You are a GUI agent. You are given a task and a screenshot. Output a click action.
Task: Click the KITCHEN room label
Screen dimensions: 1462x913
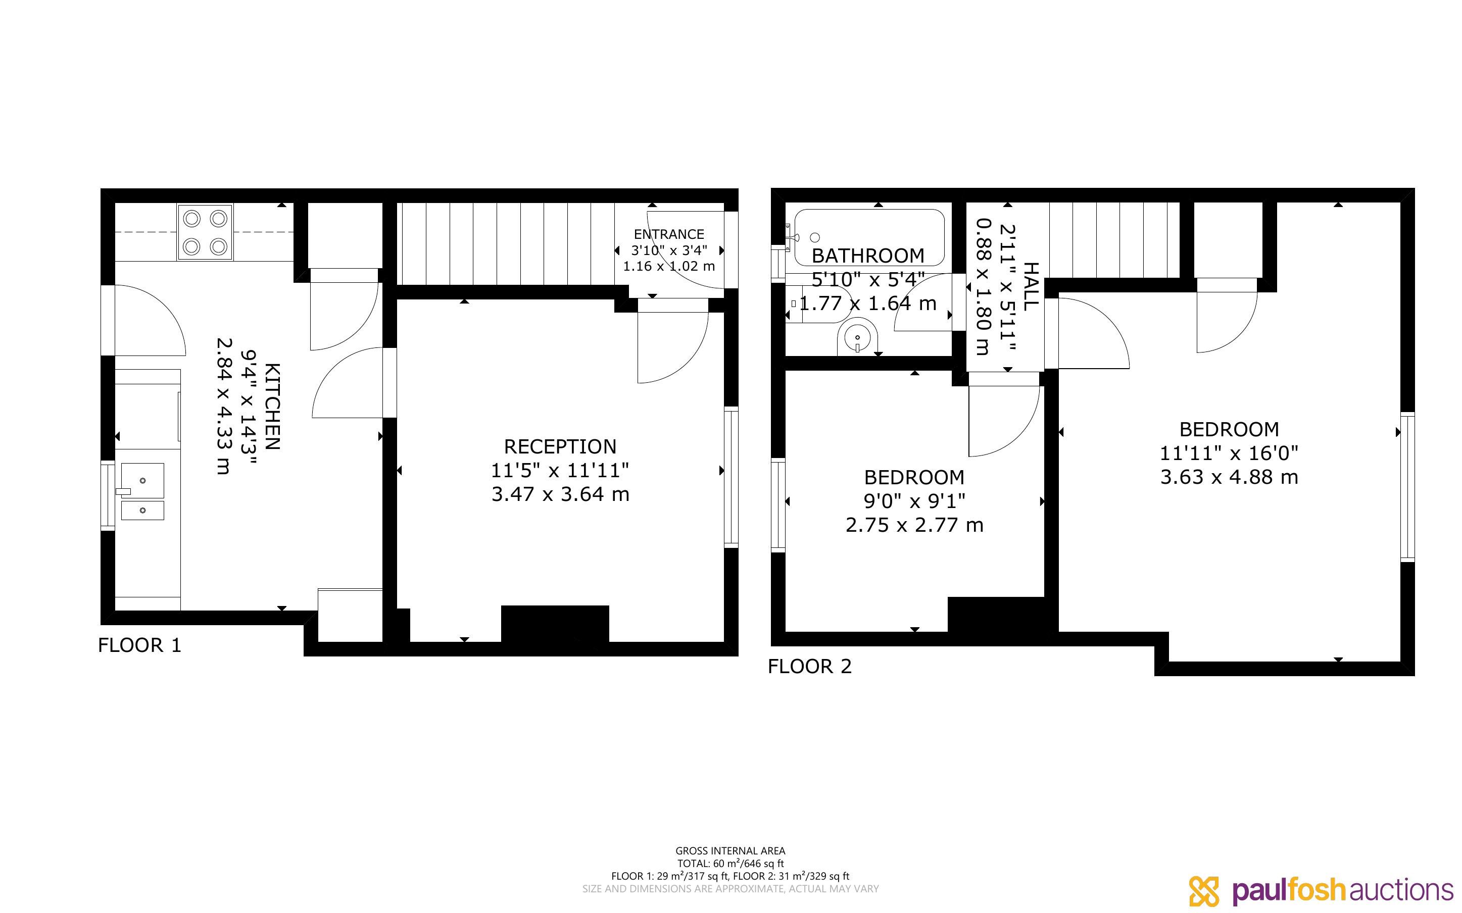(x=272, y=407)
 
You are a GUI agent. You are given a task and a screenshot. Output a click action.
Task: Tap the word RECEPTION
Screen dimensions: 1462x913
(x=560, y=446)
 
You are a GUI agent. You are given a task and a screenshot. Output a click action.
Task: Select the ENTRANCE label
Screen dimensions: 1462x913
(x=669, y=234)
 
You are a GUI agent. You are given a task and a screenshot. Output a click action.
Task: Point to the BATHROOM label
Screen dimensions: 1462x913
(x=868, y=256)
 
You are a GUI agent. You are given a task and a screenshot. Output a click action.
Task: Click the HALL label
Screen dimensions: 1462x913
(x=1030, y=286)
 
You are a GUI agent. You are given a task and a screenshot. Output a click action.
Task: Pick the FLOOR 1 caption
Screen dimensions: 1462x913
(x=139, y=645)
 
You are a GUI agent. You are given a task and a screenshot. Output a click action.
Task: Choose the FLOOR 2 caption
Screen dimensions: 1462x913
(x=810, y=666)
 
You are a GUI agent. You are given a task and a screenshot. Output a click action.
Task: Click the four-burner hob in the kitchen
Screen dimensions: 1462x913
(x=205, y=232)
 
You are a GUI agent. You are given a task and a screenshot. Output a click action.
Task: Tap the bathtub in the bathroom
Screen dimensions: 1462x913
(x=869, y=237)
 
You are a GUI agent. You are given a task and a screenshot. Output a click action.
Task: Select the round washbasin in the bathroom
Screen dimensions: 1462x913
(x=857, y=339)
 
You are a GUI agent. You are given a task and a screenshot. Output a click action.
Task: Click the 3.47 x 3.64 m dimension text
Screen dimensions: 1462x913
(x=560, y=494)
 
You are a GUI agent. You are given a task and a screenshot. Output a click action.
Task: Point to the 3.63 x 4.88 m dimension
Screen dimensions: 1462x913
(x=1229, y=477)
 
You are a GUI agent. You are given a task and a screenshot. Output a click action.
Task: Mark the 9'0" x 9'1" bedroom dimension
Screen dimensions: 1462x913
(x=914, y=500)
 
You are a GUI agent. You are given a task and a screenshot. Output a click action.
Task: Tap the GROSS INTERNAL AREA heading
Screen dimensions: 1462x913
(x=730, y=851)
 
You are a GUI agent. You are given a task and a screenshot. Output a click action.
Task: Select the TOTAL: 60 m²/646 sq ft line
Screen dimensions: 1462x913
(x=730, y=864)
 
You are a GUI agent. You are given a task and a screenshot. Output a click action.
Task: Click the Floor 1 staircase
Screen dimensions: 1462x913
(x=506, y=243)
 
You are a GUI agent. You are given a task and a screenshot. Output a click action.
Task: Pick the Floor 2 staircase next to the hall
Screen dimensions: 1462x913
(x=1113, y=240)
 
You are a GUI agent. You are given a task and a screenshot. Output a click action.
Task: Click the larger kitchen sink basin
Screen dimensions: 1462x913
(x=142, y=481)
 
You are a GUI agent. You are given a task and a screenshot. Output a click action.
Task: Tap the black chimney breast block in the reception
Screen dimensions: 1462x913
(x=555, y=624)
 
